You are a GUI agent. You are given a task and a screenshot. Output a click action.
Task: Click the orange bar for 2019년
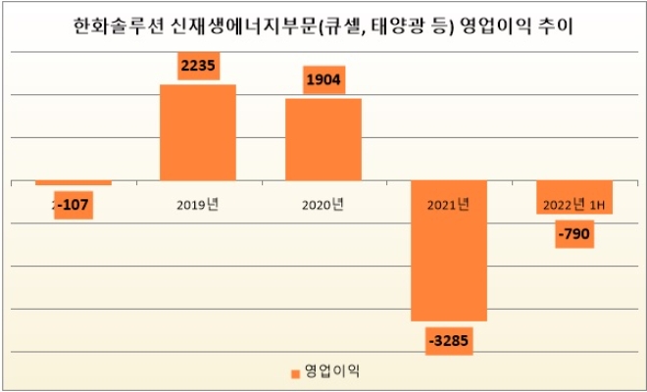(197, 132)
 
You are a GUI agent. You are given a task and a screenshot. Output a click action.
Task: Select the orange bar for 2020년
(323, 139)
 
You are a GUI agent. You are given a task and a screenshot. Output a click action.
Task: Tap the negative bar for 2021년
(449, 251)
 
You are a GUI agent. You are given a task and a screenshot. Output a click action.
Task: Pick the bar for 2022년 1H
(573, 197)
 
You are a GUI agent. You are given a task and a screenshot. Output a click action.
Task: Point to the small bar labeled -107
(74, 183)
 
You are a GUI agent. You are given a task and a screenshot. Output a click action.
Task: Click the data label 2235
(197, 66)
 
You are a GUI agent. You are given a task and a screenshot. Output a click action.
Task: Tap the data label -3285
(450, 340)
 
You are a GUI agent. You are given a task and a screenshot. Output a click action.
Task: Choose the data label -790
(573, 234)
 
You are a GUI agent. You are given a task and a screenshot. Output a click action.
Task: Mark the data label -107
(74, 205)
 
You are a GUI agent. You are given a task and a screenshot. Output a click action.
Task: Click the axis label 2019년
(197, 205)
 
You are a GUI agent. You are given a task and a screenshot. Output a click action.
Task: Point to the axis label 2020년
(323, 205)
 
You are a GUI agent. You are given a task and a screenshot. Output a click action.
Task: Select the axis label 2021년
(449, 205)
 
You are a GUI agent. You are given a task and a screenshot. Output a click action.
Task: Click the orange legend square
(295, 372)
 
